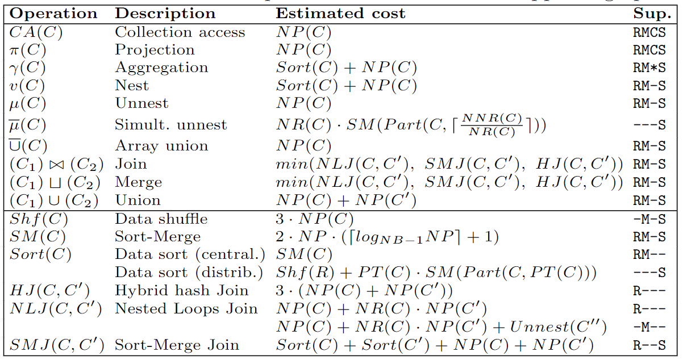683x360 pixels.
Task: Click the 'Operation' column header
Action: coord(54,14)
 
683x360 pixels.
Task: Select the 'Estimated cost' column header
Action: coord(340,14)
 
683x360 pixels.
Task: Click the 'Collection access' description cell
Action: coord(180,32)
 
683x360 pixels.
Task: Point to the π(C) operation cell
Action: coord(28,50)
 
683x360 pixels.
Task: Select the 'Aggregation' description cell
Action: coord(161,68)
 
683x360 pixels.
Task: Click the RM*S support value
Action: coord(649,69)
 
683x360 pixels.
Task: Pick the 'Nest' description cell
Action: coord(132,86)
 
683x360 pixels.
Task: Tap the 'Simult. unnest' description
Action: coord(170,125)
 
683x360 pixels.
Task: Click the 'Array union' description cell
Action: coord(161,146)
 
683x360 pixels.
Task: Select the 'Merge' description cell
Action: coord(139,182)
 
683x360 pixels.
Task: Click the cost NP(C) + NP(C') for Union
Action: coord(347,200)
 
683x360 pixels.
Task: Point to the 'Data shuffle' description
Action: coord(161,219)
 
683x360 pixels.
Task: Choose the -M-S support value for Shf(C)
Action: coord(649,220)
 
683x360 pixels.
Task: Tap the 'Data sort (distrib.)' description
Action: coord(189,273)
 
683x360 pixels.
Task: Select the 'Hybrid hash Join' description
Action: coord(181,291)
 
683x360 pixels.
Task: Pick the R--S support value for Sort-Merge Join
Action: coord(649,345)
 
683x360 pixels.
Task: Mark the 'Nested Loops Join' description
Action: coord(186,309)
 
